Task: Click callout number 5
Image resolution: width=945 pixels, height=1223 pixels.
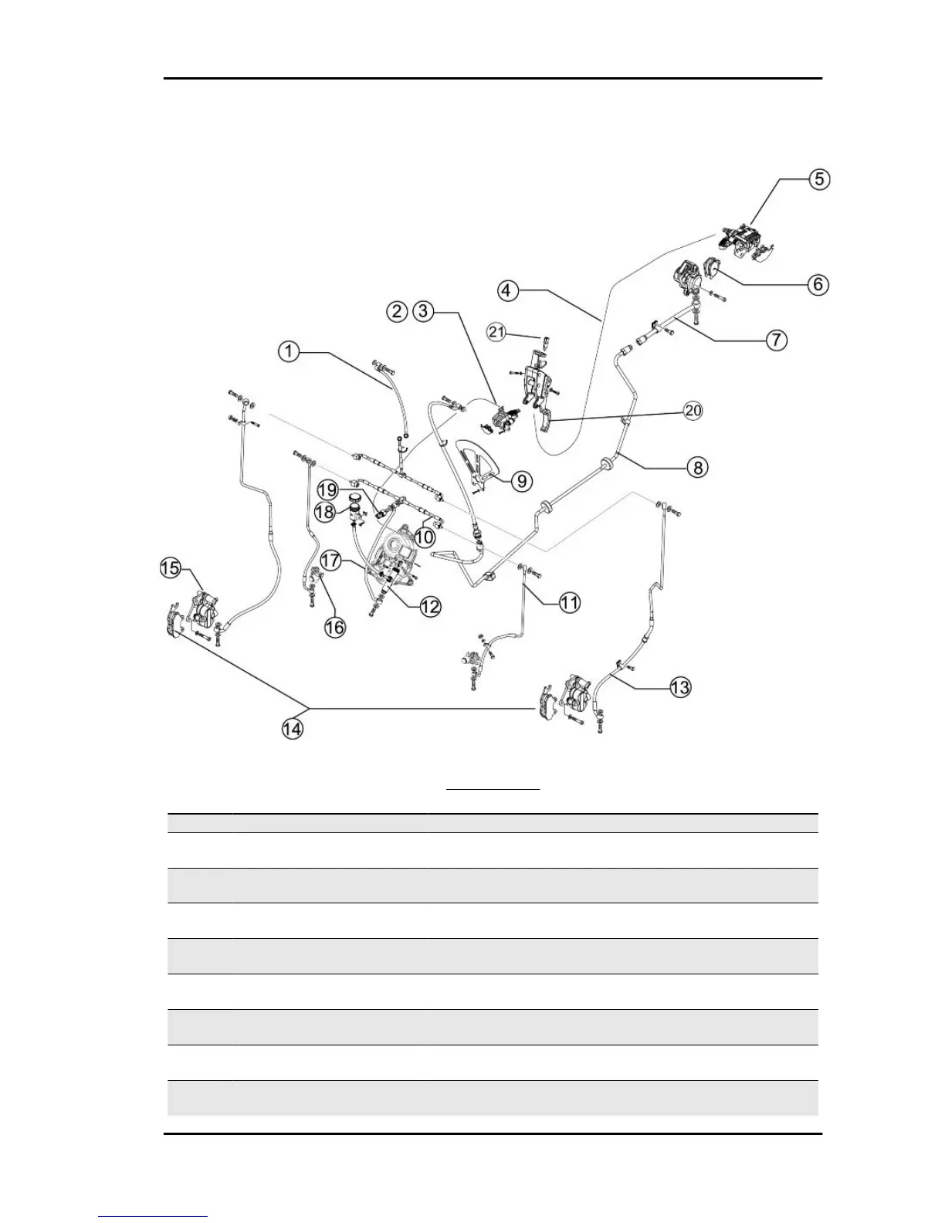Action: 818,179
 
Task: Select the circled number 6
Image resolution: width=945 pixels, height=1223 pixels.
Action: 818,284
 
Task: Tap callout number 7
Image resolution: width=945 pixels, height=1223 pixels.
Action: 777,339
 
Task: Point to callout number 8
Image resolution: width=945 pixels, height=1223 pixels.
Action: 697,466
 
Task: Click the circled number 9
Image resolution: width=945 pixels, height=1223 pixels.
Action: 522,481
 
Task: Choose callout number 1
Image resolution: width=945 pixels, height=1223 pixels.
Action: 288,351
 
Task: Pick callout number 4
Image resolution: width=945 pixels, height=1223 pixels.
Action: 506,290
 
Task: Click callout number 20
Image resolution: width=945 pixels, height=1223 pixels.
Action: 693,410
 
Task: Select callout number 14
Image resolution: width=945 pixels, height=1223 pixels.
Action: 292,728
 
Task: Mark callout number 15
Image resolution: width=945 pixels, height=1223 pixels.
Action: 170,568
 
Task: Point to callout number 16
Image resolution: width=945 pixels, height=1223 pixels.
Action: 334,627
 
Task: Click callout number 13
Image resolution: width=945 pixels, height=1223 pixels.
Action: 679,686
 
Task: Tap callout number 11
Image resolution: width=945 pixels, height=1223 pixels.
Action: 569,602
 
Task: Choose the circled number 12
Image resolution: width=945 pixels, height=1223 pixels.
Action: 430,606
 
